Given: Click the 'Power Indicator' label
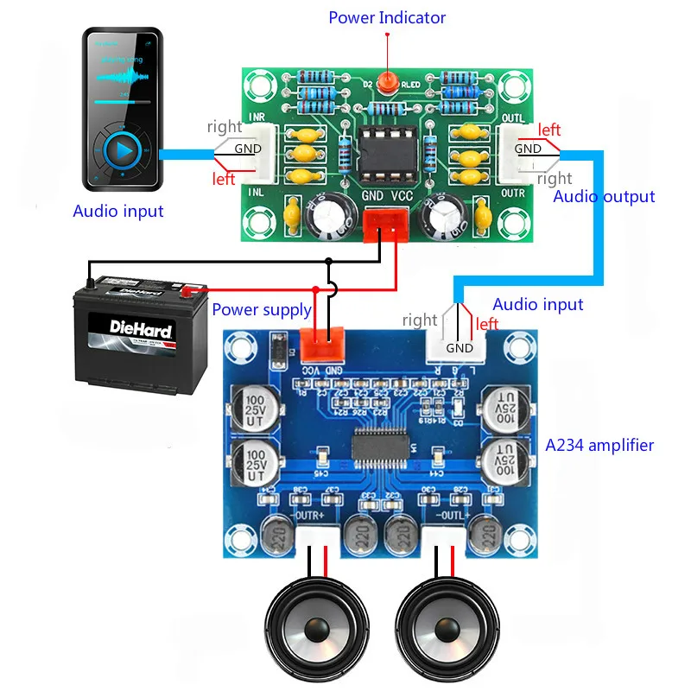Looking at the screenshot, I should click(387, 17).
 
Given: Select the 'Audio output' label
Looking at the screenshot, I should click(604, 197).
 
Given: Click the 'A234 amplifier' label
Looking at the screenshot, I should click(599, 446).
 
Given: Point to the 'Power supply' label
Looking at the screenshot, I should click(262, 309).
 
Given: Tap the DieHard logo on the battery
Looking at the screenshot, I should click(141, 329).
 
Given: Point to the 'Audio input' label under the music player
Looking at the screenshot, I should click(117, 212).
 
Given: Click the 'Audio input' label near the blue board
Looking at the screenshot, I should click(537, 304).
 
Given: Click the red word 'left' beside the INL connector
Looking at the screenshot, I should click(224, 180).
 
